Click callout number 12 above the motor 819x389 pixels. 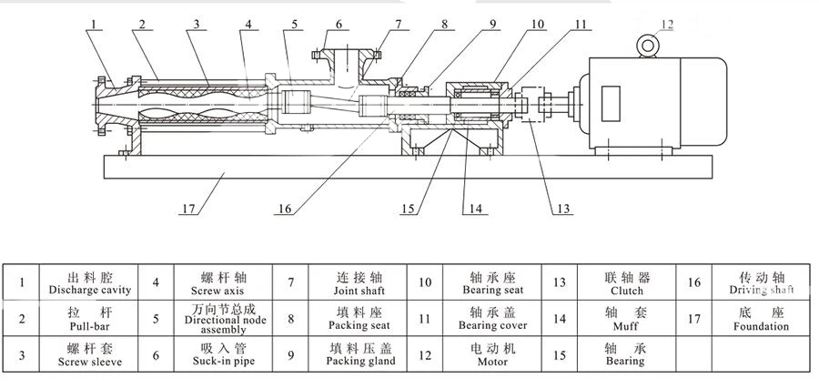click(x=667, y=24)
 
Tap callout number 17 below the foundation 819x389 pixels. click(x=187, y=209)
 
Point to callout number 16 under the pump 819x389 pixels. click(x=285, y=209)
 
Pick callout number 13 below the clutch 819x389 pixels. click(x=564, y=209)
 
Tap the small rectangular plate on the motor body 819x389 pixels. click(x=607, y=99)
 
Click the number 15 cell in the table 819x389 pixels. click(x=561, y=354)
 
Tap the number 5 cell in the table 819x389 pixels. click(x=156, y=319)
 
